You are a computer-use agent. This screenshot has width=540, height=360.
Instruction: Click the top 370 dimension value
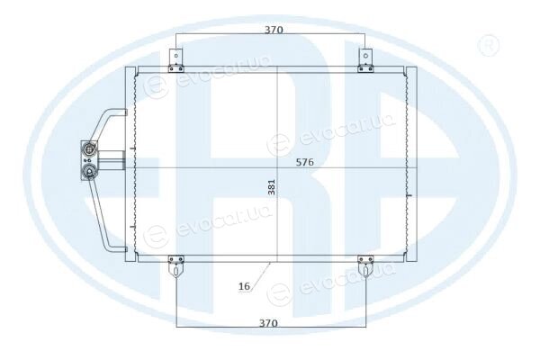coord(274,30)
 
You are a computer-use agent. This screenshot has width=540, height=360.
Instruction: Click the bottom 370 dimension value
coord(268,323)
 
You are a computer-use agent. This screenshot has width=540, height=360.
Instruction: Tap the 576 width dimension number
coord(305,162)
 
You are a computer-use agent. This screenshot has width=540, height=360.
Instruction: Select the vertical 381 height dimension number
coord(272,187)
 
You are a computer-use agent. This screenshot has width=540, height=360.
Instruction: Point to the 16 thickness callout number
coord(244,286)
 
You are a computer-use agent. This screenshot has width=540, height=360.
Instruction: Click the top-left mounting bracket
coord(176,60)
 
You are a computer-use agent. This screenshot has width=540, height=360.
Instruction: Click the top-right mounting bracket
coord(365,60)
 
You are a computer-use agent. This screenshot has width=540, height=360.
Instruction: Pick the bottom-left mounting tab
coord(176,266)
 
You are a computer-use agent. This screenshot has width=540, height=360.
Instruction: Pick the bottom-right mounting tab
coord(365,266)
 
